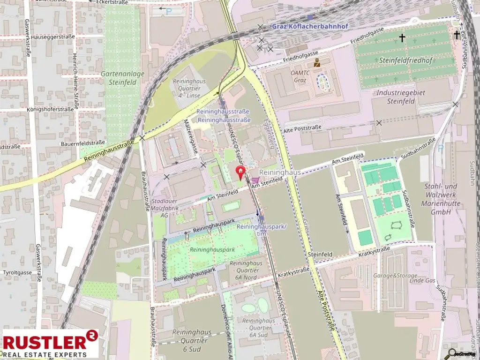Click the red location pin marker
(240, 173)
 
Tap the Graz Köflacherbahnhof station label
(310, 26)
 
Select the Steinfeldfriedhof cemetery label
(406, 60)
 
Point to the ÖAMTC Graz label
(299, 76)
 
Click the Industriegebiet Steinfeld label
(401, 97)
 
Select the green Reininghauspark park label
(212, 250)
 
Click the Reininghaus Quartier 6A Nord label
(246, 270)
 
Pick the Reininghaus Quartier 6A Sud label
(259, 328)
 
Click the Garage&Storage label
(389, 276)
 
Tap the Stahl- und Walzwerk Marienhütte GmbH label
(441, 199)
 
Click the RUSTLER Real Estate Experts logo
(51, 344)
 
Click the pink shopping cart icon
(255, 180)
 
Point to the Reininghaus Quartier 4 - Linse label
(186, 88)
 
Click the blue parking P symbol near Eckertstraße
(169, 11)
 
